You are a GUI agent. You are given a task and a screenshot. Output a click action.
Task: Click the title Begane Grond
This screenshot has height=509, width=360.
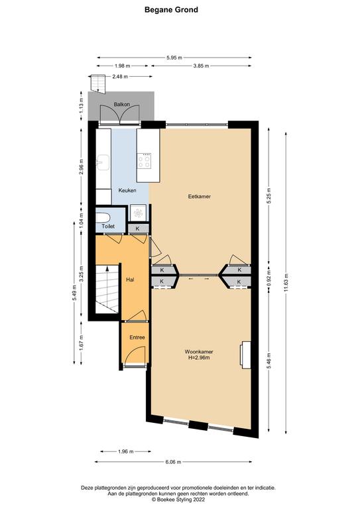171,10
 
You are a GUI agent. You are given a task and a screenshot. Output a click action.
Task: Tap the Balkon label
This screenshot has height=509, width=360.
122,105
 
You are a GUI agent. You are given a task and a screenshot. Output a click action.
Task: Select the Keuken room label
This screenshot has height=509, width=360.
127,191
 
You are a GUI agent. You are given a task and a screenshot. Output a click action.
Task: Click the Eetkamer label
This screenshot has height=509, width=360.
200,196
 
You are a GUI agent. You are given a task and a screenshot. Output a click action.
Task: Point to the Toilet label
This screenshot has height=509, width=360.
108,226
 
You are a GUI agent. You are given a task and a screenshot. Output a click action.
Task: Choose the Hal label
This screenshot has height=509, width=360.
130,280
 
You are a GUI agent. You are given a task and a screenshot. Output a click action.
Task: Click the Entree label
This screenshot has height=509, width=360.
137,337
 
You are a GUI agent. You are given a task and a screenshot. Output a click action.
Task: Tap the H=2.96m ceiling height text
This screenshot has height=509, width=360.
199,358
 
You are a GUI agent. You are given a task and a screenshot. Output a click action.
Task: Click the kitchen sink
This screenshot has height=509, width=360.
103,162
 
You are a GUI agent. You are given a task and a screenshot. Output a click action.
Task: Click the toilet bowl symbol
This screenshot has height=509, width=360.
103,217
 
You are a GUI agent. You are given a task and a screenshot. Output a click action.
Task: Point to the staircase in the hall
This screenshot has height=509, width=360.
107,289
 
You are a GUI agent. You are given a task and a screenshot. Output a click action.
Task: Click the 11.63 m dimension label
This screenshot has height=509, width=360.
286,284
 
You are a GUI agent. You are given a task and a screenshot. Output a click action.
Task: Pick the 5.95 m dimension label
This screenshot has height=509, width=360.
174,58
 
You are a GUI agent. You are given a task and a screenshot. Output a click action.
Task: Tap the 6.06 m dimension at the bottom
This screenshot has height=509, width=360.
173,462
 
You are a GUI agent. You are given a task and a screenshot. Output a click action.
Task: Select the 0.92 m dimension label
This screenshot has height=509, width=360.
269,280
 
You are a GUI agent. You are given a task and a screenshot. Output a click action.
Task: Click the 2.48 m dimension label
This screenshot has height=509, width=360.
120,77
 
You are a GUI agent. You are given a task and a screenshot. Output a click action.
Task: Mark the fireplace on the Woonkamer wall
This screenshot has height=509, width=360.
245,355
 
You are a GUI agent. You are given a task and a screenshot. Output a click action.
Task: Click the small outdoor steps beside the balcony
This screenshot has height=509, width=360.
98,84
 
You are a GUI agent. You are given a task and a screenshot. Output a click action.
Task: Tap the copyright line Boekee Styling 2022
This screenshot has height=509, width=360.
178,500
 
